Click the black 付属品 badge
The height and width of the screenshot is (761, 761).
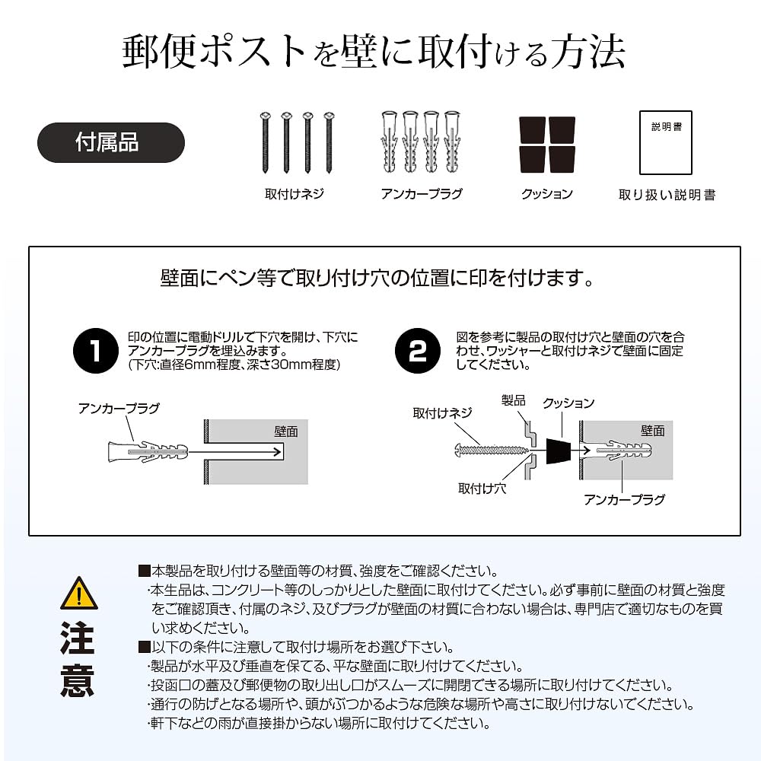coord(111,142)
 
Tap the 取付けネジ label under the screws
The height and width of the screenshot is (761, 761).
coord(295,194)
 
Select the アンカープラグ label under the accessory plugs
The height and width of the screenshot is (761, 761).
coord(422,194)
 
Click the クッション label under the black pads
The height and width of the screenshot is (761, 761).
coord(546,194)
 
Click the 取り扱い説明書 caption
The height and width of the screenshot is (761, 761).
coord(667,195)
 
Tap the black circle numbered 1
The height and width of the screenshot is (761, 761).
coord(95,351)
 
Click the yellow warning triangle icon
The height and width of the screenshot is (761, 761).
coord(78,593)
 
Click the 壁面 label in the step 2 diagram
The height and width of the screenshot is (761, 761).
coord(652,431)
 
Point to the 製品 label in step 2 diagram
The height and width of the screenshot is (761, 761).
coord(514,400)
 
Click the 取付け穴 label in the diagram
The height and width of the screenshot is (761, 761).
coord(482,488)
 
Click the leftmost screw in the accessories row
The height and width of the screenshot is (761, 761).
coord(265,143)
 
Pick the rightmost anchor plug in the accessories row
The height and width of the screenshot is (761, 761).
coord(453,143)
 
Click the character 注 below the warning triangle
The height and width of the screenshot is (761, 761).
coord(78,638)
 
